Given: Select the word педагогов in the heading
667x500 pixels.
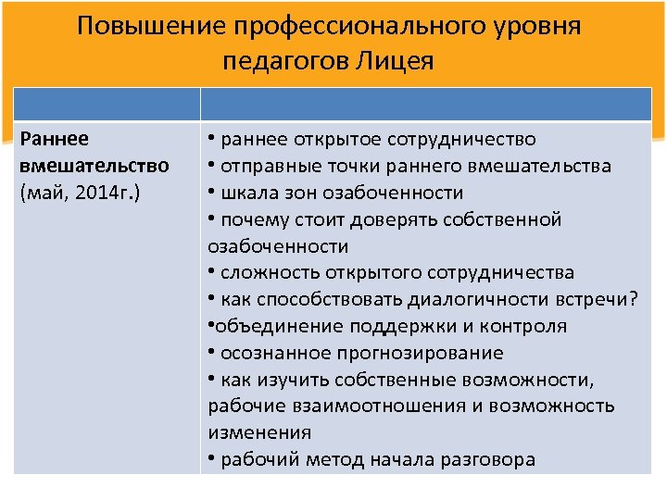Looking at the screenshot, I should coord(282,61).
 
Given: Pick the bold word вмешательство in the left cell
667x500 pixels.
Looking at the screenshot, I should coord(94,166).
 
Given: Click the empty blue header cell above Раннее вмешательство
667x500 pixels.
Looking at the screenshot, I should coord(107,105).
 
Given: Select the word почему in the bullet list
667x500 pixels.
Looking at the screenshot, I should coord(252,219).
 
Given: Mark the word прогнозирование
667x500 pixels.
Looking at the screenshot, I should coord(425,353).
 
